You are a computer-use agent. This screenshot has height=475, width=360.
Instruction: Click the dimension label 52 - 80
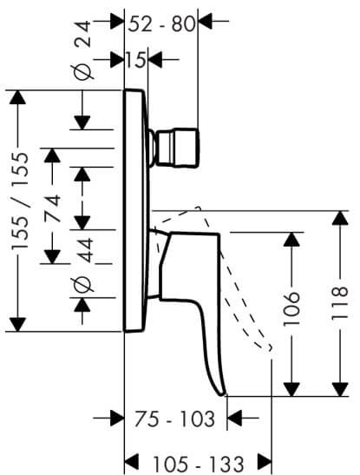tap(161, 24)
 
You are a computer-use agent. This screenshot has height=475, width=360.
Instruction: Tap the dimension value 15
tap(136, 60)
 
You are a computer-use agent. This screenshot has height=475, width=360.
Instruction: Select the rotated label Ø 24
tap(82, 50)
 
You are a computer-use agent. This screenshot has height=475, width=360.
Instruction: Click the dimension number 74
tap(53, 208)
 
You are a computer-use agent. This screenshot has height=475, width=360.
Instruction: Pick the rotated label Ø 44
tap(82, 266)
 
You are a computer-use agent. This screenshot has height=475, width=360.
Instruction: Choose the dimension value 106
tap(291, 308)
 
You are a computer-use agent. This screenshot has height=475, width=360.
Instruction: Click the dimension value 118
tap(340, 303)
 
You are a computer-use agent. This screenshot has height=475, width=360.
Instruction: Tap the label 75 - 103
tap(174, 419)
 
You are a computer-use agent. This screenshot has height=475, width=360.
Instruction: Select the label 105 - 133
tap(199, 464)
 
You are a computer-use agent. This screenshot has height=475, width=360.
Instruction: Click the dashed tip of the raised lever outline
tap(269, 347)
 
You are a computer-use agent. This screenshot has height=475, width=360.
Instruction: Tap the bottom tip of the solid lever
tap(222, 394)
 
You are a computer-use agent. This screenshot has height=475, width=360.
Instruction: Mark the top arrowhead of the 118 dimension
tap(340, 218)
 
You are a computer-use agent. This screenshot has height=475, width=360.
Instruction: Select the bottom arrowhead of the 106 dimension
tap(291, 389)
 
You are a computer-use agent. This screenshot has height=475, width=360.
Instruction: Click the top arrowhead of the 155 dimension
tap(17, 97)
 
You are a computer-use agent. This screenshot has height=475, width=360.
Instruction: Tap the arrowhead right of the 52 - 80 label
tap(205, 21)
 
